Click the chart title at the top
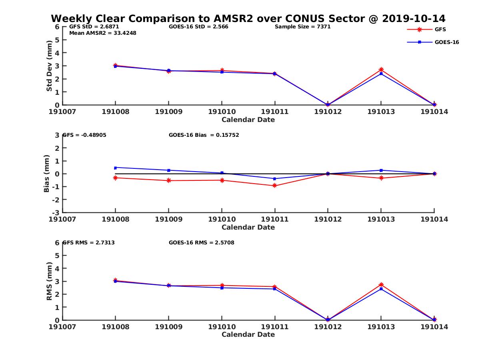(248, 19)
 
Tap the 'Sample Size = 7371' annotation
(302, 27)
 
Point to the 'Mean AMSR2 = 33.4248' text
(103, 33)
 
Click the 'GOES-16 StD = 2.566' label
(198, 27)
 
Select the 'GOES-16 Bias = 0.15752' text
(204, 135)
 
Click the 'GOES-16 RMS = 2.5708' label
(201, 242)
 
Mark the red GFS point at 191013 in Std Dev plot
(381, 70)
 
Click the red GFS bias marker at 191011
(275, 186)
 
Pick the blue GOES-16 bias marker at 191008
(115, 168)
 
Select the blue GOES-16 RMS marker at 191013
(381, 288)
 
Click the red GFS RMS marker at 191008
(115, 280)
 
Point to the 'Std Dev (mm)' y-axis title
(49, 66)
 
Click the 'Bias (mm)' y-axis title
(47, 174)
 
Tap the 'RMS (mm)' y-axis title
(49, 281)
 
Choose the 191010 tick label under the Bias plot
(222, 219)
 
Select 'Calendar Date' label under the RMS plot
(248, 334)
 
